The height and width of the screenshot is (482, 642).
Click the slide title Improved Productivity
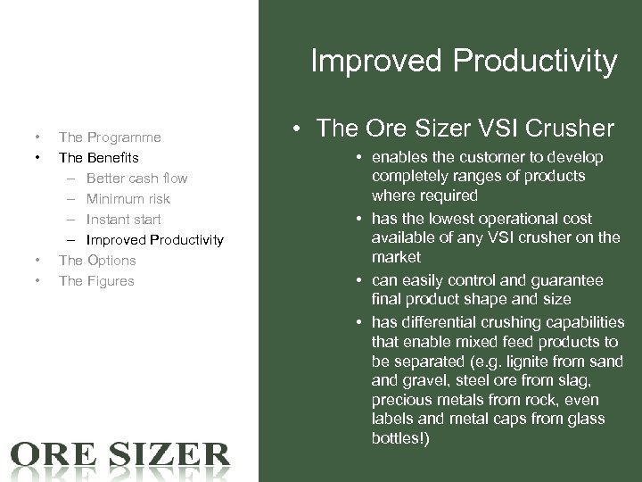pos(463,61)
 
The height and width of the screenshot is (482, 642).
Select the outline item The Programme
pos(110,137)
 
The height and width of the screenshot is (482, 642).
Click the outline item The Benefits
pos(98,158)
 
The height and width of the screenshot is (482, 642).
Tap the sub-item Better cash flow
pos(136,179)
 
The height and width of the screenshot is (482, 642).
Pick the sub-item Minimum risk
pos(128,199)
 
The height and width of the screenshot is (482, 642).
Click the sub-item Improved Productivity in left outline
pos(154,240)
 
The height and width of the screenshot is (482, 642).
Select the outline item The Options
pos(97,261)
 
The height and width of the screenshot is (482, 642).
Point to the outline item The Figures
pos(96,281)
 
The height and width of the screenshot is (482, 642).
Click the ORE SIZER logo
pos(119,454)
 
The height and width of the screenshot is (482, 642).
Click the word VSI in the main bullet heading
pos(480,129)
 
